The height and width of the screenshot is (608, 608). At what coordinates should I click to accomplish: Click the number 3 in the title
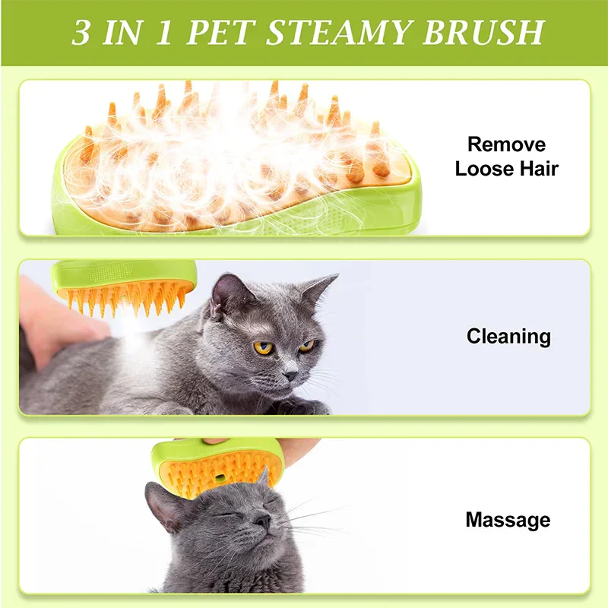pyautogui.click(x=81, y=33)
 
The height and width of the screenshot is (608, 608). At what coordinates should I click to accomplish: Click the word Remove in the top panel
pyautogui.click(x=506, y=144)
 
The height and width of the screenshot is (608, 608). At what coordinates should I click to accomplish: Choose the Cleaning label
pyautogui.click(x=508, y=336)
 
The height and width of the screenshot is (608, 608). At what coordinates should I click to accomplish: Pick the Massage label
pyautogui.click(x=508, y=521)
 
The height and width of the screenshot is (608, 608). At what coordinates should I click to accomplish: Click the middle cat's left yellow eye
pyautogui.click(x=264, y=347)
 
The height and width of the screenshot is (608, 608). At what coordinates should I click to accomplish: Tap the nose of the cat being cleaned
pyautogui.click(x=290, y=375)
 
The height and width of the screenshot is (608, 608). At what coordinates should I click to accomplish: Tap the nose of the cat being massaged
pyautogui.click(x=261, y=521)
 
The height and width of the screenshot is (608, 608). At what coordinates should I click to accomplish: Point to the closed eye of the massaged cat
pyautogui.click(x=224, y=515)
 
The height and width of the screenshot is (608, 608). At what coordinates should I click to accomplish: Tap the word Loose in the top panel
pyautogui.click(x=483, y=169)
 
